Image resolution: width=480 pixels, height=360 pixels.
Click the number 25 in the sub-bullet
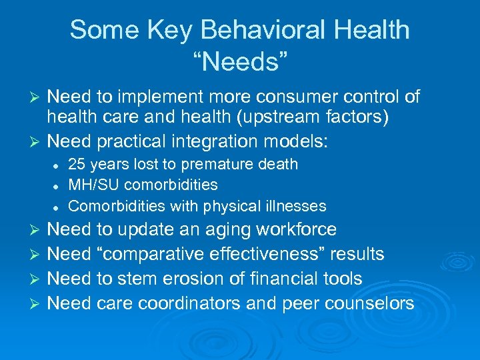click(77, 164)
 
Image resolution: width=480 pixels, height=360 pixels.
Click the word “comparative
click(159, 255)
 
